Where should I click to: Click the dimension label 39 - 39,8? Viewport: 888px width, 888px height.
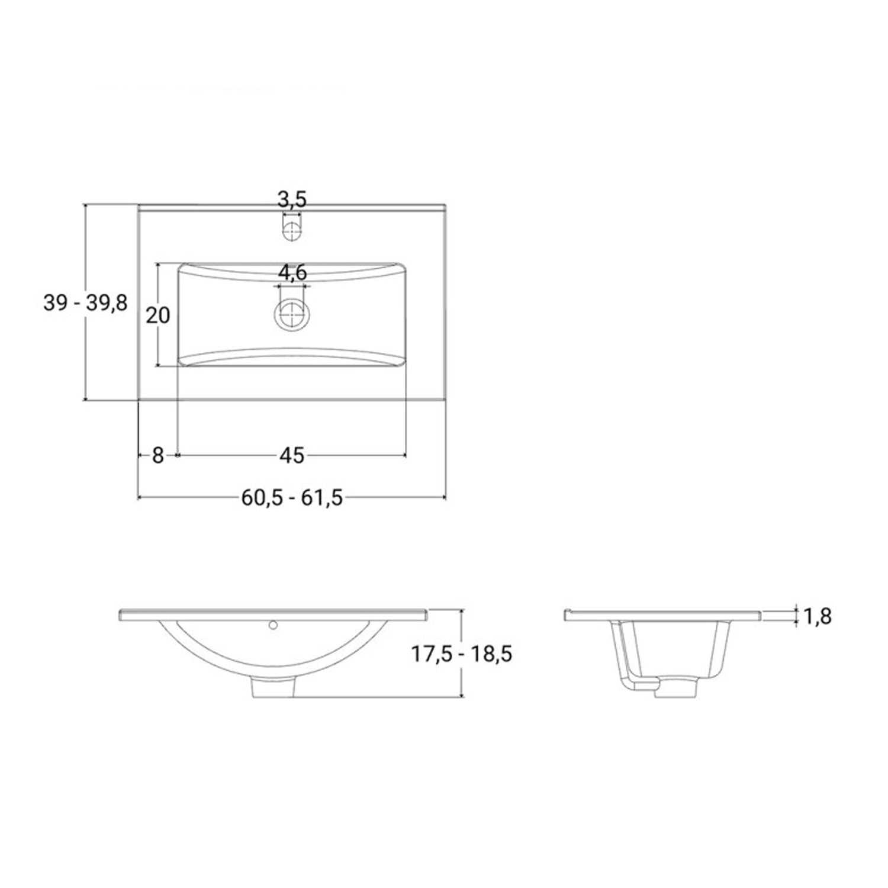[x=85, y=303]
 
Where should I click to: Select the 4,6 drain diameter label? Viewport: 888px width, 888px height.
[x=292, y=273]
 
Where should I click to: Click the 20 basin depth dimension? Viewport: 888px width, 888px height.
[x=158, y=316]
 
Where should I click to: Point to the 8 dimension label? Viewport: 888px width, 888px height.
[x=157, y=455]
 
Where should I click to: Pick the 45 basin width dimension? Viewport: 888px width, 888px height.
[x=291, y=455]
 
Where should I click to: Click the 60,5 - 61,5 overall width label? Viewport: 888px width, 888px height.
[x=292, y=498]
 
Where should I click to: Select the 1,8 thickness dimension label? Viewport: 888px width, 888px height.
[x=818, y=616]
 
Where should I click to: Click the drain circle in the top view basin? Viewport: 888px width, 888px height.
[x=292, y=314]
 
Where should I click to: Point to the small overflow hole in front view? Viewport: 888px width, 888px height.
[x=274, y=625]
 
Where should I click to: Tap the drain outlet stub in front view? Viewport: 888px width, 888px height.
[x=274, y=688]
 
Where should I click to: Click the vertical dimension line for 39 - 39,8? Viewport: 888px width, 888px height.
[x=86, y=355]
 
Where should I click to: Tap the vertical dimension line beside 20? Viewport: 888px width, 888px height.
[x=158, y=343]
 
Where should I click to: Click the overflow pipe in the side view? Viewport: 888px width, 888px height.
[x=628, y=657]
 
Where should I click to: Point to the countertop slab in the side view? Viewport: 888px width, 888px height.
[x=663, y=614]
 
